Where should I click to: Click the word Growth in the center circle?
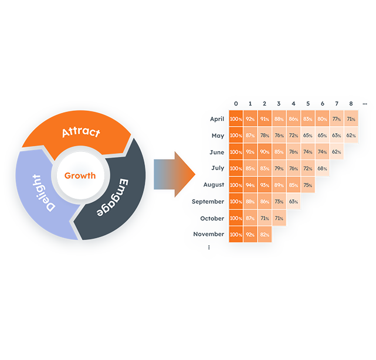[x=80, y=175]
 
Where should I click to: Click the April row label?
[x=216, y=118]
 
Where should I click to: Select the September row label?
[x=208, y=201]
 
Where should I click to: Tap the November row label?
[x=209, y=234]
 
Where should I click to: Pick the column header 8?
[x=350, y=104]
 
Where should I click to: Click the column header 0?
[x=236, y=104]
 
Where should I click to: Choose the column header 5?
[x=307, y=104]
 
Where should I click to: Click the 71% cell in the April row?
[x=350, y=119]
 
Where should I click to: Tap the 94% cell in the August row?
[x=250, y=185]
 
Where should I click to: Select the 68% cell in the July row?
[x=322, y=168]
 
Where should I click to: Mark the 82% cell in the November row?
[x=265, y=235]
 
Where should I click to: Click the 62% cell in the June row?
[x=336, y=152]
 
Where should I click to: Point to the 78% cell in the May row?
[x=265, y=135]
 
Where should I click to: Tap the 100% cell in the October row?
[x=236, y=218]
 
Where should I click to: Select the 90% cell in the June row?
[x=265, y=152]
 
